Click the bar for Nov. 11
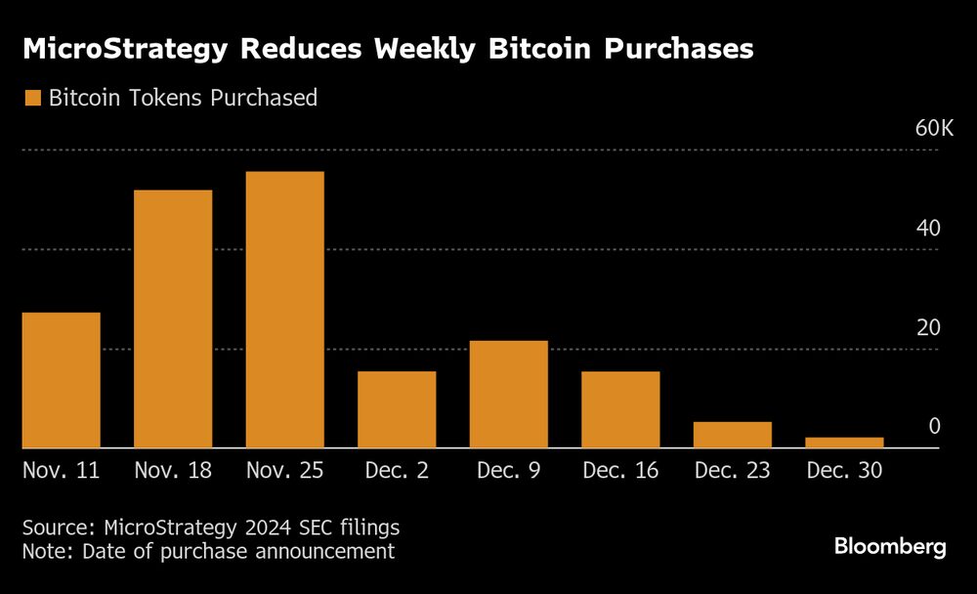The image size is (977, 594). tap(61, 380)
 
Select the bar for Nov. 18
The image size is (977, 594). tap(173, 318)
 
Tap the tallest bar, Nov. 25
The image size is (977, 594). tap(284, 310)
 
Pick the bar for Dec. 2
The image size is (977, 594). tap(397, 409)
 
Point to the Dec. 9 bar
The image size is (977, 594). tap(508, 394)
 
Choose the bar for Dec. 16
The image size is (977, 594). tap(620, 409)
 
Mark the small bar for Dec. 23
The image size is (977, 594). tap(733, 435)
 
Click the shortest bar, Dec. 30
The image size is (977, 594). tap(844, 443)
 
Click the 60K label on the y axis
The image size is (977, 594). tap(933, 128)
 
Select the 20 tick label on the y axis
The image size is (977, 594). tap(928, 327)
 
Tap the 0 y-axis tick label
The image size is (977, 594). tap(934, 427)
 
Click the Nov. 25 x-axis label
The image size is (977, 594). tap(284, 471)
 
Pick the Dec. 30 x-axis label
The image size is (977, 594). tap(844, 471)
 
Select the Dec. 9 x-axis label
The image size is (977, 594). tap(508, 471)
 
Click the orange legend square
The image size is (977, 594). tap(32, 98)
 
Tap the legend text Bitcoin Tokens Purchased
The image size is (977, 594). tap(183, 98)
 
